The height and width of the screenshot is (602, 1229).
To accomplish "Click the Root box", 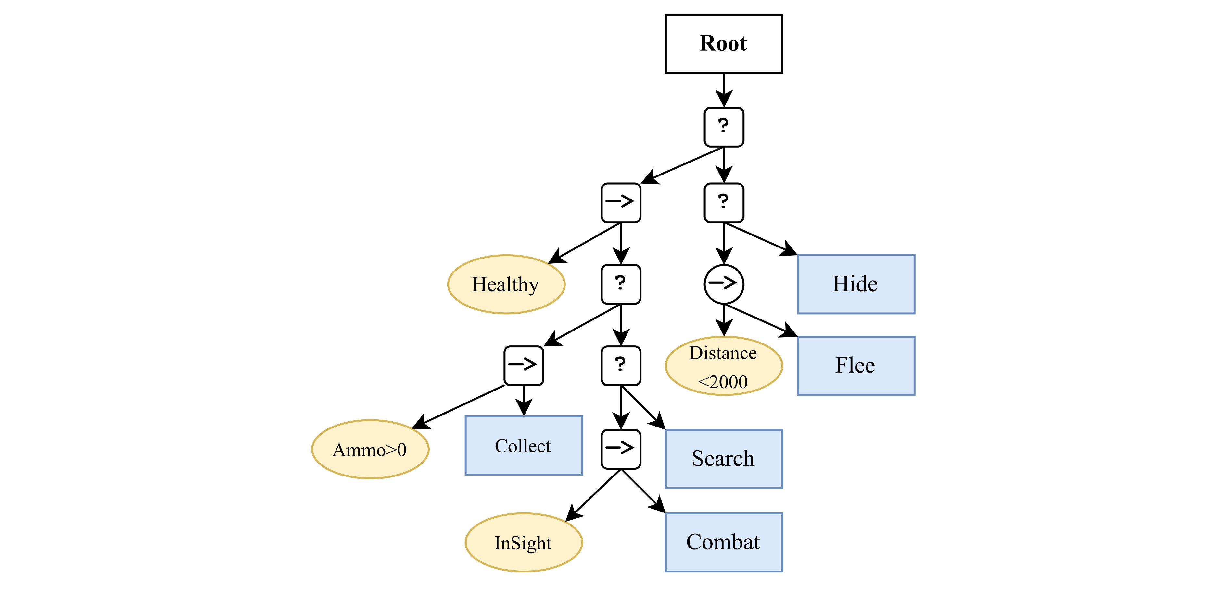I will (723, 43).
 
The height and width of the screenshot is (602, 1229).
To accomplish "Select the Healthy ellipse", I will (506, 284).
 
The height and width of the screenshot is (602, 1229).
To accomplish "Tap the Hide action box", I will (855, 284).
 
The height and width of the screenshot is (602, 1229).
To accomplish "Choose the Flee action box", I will (855, 366).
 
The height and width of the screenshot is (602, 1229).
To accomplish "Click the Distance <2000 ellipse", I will (723, 366).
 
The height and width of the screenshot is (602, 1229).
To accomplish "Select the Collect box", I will (523, 445).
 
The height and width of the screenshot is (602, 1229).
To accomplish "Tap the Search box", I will (723, 459).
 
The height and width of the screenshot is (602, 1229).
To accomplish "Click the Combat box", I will (723, 542).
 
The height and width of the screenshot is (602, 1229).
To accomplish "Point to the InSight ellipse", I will (523, 542).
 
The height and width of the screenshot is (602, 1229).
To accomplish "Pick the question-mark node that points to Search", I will (620, 366).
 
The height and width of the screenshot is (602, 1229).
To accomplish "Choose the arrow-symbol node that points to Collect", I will (523, 366).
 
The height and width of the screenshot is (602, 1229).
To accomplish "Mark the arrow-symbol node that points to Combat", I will (620, 449).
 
